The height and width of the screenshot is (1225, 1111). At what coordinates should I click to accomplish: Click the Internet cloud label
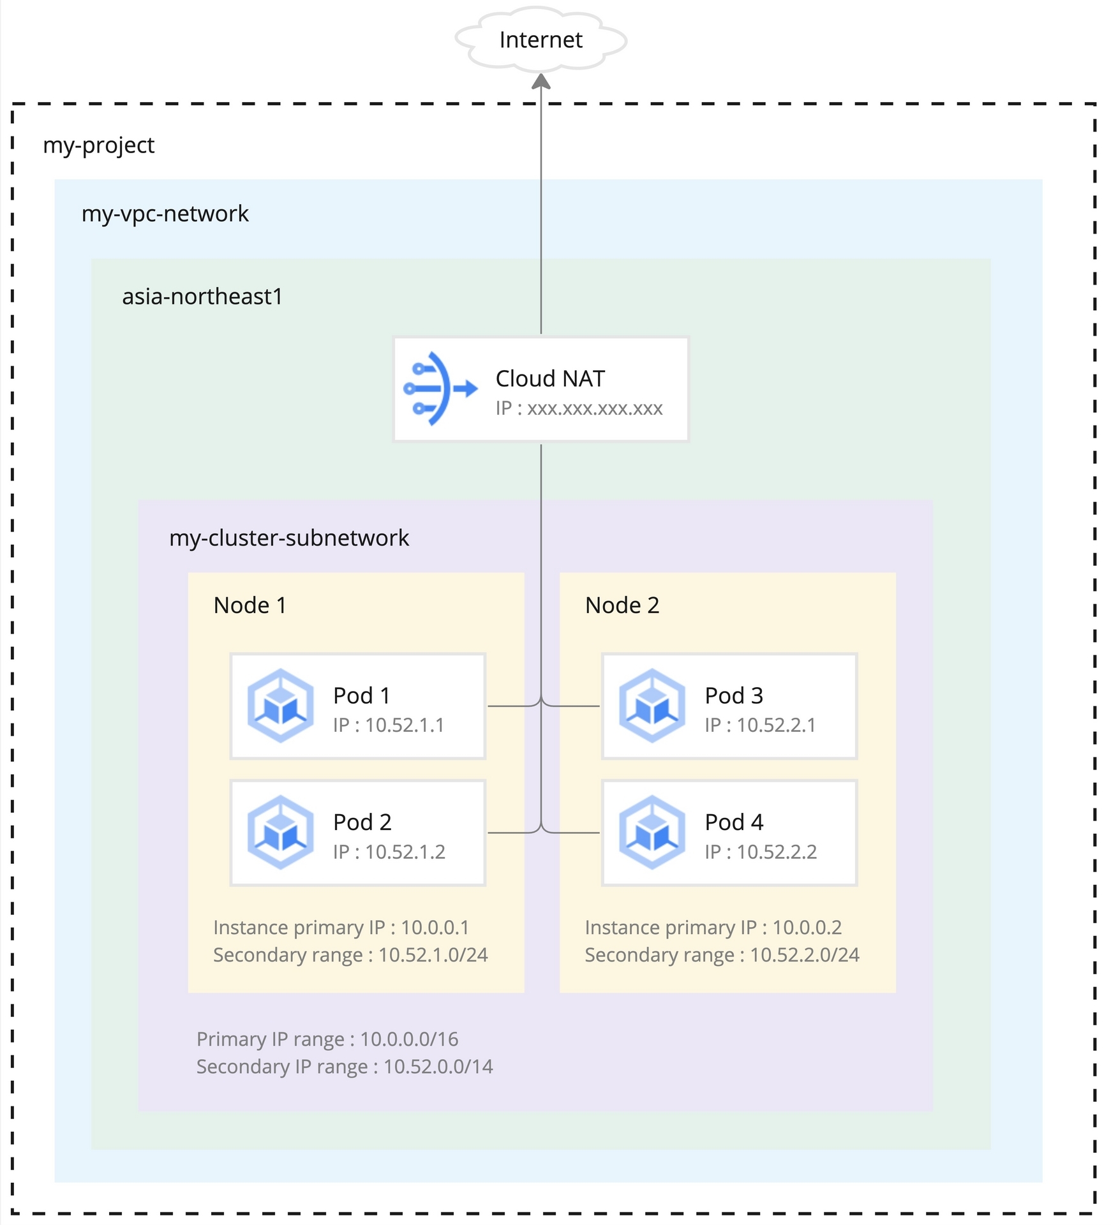pyautogui.click(x=541, y=40)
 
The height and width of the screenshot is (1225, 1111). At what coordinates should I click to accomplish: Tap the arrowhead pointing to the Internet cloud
pyautogui.click(x=541, y=82)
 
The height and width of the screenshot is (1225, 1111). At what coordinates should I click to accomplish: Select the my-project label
pyautogui.click(x=98, y=145)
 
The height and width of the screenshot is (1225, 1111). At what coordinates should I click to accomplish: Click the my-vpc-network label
pyautogui.click(x=165, y=214)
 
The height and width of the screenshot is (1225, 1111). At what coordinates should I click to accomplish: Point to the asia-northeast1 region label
pyautogui.click(x=202, y=297)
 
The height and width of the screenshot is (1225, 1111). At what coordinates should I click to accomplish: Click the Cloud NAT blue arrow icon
pyautogui.click(x=440, y=389)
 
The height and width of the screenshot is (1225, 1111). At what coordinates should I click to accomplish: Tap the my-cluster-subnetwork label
pyautogui.click(x=288, y=538)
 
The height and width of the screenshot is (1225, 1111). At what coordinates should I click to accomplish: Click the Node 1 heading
pyautogui.click(x=250, y=605)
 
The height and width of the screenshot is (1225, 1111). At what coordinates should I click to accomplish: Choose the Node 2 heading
pyautogui.click(x=622, y=605)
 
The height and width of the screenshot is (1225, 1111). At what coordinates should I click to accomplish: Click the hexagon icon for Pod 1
pyautogui.click(x=281, y=706)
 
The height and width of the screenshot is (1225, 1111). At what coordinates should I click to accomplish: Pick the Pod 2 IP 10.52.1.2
pyautogui.click(x=389, y=852)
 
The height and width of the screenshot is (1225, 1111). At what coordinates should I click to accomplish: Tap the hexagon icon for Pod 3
pyautogui.click(x=652, y=706)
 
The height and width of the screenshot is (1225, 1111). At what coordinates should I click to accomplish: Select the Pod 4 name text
pyautogui.click(x=734, y=822)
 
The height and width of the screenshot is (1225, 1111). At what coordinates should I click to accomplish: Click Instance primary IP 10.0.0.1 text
pyautogui.click(x=341, y=927)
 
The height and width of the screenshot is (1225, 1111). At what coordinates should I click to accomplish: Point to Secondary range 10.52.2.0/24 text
pyautogui.click(x=722, y=955)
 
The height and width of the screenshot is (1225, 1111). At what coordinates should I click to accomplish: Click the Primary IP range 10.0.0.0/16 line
pyautogui.click(x=327, y=1039)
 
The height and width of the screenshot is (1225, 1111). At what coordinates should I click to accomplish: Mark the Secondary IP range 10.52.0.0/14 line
pyautogui.click(x=345, y=1067)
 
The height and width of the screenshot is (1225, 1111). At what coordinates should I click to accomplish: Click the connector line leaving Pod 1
pyautogui.click(x=511, y=706)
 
